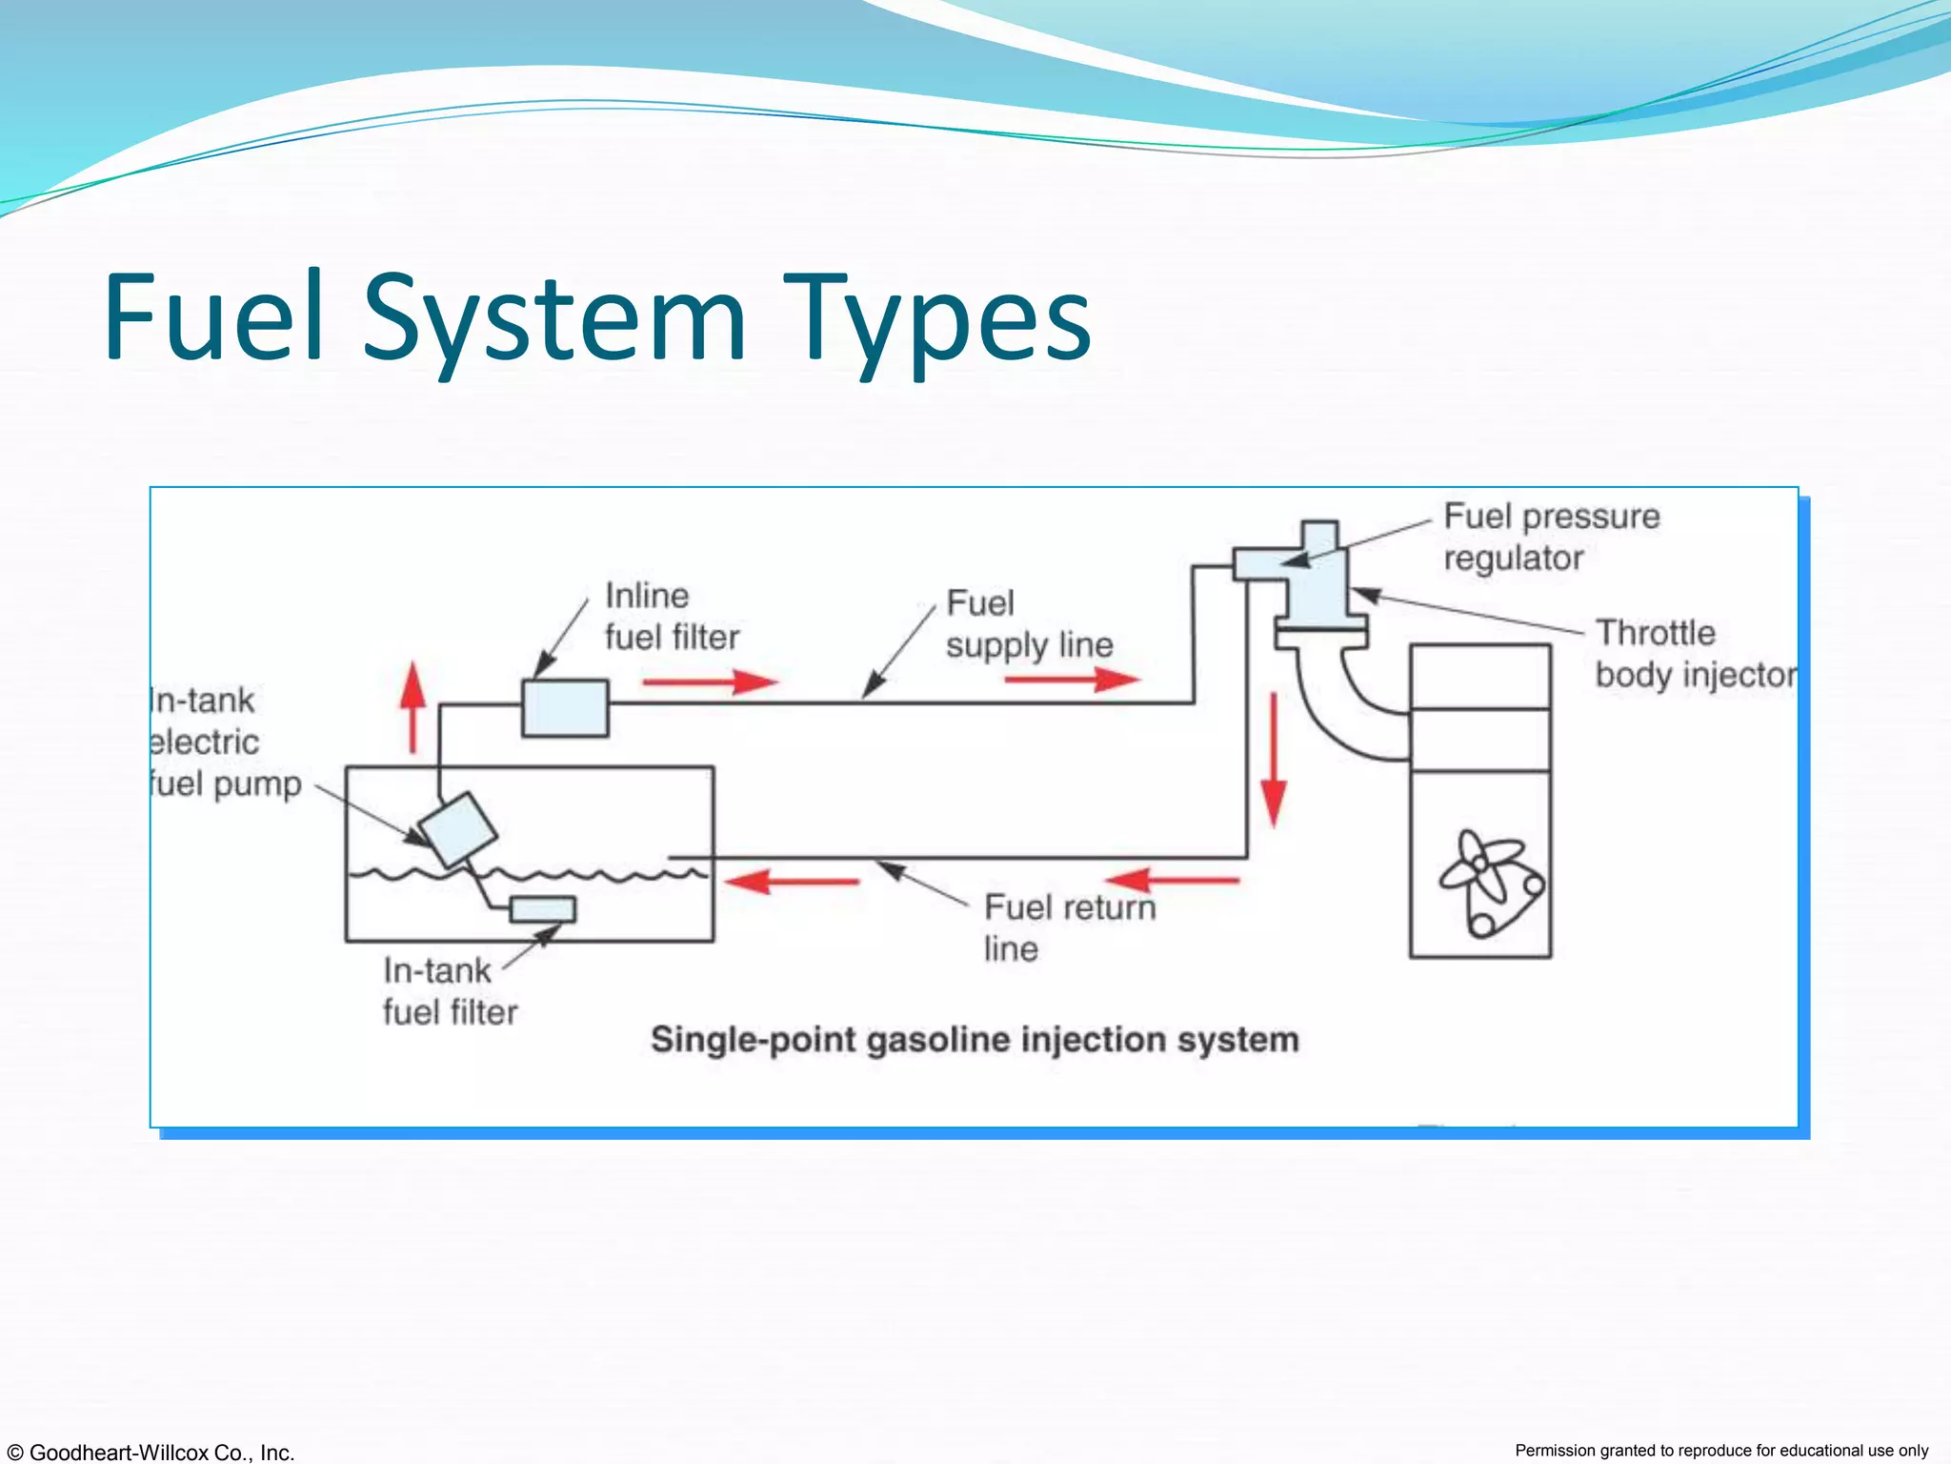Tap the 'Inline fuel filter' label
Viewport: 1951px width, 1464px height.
pos(672,617)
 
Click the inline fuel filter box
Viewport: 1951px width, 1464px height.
pos(565,708)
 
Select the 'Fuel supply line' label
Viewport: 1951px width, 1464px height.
pos(1029,624)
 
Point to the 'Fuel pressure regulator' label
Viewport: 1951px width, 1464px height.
pos(1551,537)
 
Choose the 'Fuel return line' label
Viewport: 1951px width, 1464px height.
pos(1069,927)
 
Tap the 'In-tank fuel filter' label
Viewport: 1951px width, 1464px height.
pos(450,991)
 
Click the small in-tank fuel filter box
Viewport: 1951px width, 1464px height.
pos(543,910)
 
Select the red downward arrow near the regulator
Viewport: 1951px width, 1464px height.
pos(1274,761)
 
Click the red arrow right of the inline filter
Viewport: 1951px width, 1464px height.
pos(710,681)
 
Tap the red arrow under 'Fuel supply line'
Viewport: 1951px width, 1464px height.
pos(1072,680)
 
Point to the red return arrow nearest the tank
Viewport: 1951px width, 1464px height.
pos(792,882)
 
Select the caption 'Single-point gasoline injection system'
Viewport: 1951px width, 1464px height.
pos(975,1040)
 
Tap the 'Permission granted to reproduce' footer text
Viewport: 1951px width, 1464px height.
pos(1721,1451)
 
